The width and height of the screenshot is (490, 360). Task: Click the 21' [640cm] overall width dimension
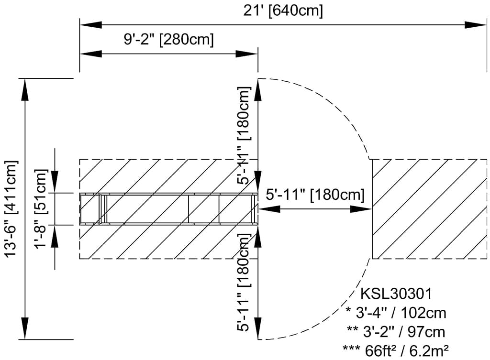click(283, 11)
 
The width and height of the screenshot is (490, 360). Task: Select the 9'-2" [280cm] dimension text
click(169, 40)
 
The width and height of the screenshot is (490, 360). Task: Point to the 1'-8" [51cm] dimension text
click(41, 209)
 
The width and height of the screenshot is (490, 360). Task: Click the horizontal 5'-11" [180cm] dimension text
click(315, 195)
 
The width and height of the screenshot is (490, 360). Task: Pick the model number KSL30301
click(396, 294)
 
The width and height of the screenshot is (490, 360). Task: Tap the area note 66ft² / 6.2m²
click(407, 350)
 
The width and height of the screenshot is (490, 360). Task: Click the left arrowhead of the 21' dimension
click(91, 25)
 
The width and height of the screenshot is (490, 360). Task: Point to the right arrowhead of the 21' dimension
click(476, 25)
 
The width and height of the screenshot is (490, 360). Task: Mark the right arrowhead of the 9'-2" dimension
click(247, 54)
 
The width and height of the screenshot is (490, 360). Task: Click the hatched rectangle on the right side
click(430, 209)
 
